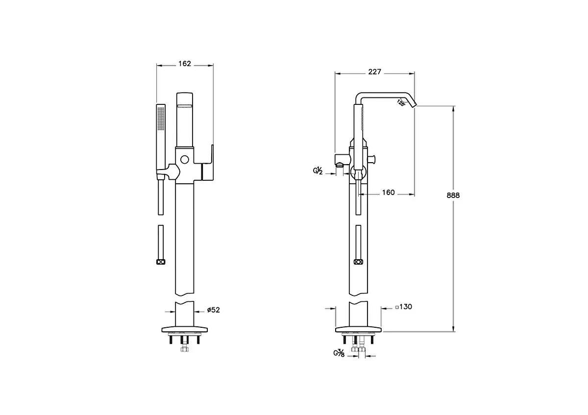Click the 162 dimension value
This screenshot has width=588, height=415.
click(185, 64)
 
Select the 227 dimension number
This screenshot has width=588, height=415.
click(374, 72)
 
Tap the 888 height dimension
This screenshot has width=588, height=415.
click(453, 195)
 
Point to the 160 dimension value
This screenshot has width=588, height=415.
click(388, 193)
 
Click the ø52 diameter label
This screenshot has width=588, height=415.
click(214, 310)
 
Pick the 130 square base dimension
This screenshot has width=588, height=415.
click(404, 307)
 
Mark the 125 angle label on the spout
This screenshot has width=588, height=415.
click(401, 102)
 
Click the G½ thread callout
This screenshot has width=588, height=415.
click(318, 171)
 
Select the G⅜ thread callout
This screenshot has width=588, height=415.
click(339, 353)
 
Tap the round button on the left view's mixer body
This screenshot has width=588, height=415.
click(185, 160)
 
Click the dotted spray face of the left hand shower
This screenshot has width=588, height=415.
click(161, 119)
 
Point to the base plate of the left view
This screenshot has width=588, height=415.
click(185, 329)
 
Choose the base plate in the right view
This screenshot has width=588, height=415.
click(359, 329)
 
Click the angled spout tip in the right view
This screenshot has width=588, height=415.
click(413, 104)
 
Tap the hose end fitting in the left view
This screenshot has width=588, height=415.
click(161, 262)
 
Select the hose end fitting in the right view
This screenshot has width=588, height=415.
click(358, 262)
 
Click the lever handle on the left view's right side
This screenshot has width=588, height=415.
click(207, 163)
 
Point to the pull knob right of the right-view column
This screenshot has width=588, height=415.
click(372, 159)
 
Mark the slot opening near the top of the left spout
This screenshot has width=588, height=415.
click(185, 106)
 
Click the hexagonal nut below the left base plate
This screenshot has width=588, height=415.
click(185, 349)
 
